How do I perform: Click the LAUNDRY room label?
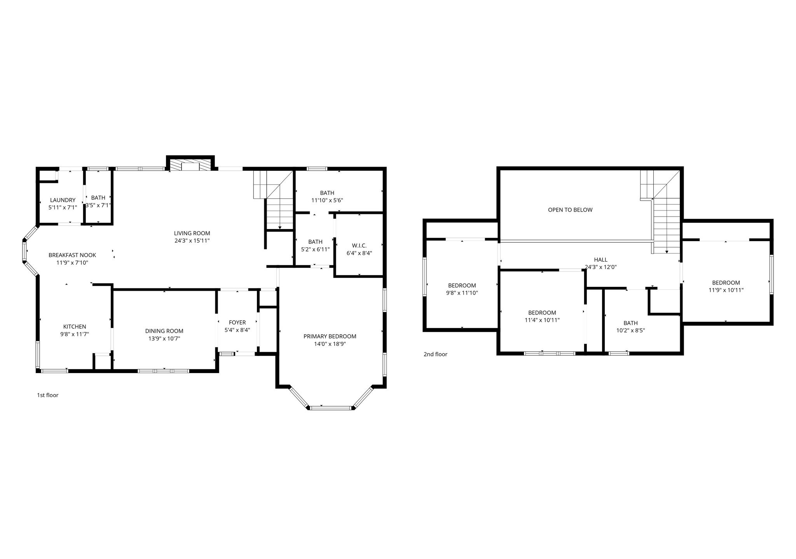[63, 200]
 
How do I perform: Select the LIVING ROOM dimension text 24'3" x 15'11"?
[192, 241]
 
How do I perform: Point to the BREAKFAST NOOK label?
[72, 255]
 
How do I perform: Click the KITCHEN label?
[75, 326]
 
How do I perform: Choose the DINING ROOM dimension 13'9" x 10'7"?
[164, 339]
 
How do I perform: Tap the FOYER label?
[237, 323]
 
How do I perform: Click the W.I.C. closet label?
[359, 245]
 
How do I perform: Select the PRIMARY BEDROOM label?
[330, 336]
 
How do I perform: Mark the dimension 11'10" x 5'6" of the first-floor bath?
[327, 200]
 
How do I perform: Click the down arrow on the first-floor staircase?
[280, 227]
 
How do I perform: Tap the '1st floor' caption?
[47, 395]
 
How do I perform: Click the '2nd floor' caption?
[435, 354]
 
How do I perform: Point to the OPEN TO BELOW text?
[570, 210]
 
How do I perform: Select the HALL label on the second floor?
[600, 260]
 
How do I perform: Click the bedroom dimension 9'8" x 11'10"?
[462, 293]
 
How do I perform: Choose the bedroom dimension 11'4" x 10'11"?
[542, 320]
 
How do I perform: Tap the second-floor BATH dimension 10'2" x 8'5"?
[630, 331]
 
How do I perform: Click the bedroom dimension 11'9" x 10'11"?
[726, 290]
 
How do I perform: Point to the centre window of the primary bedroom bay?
[331, 408]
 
